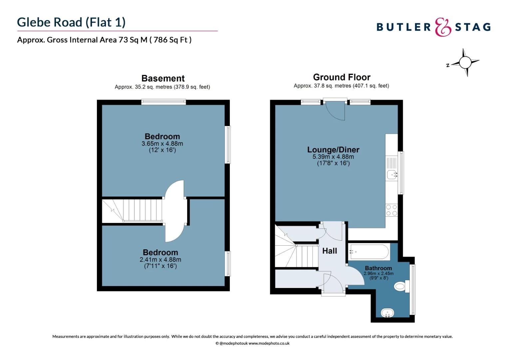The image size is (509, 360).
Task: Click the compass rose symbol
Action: click(465, 62)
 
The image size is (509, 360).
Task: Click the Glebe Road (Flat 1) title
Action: click(71, 22)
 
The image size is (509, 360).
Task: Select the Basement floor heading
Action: click(163, 78)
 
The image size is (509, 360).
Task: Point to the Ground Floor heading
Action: click(341, 77)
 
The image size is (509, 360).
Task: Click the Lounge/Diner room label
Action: click(333, 150)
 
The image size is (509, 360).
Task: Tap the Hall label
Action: click(329, 251)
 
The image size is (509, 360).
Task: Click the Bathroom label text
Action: click(378, 268)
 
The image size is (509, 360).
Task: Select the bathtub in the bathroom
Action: click(369, 252)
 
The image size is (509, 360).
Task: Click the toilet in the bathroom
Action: click(401, 286)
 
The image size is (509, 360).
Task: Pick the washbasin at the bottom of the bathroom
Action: click(387, 313)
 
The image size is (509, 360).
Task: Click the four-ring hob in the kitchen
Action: click(392, 210)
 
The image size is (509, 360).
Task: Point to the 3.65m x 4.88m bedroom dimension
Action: click(162, 144)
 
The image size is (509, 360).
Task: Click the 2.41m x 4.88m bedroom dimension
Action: click(160, 260)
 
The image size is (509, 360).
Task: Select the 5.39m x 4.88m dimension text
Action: click(333, 157)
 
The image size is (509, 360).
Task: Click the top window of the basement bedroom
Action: click(163, 102)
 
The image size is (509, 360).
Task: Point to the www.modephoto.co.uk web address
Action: click(269, 343)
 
